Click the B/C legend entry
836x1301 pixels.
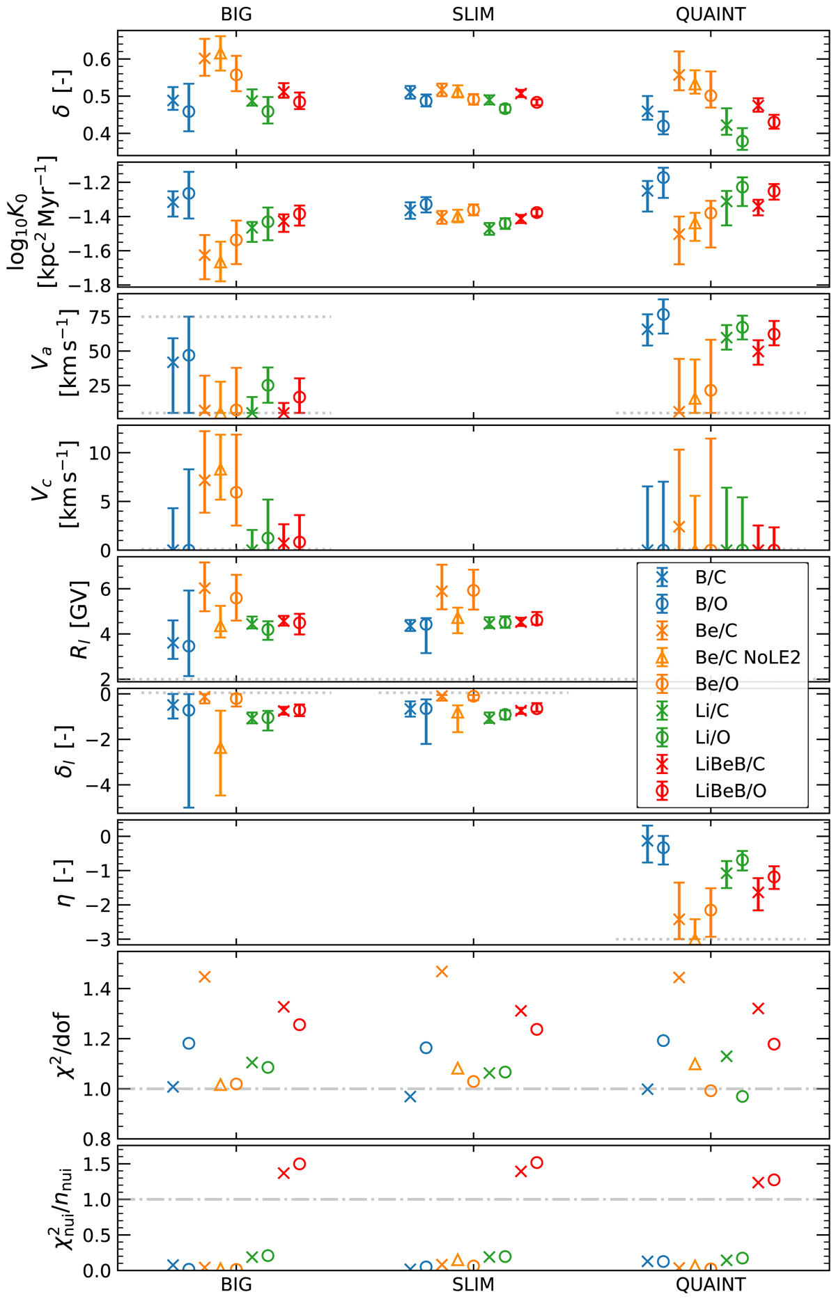(711, 577)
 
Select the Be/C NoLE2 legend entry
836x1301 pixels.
(748, 657)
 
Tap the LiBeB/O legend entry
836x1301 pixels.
(730, 791)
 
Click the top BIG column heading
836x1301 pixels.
(236, 15)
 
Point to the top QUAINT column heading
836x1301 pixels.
(711, 15)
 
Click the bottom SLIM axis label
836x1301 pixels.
(473, 1285)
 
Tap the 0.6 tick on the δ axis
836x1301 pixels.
(97, 60)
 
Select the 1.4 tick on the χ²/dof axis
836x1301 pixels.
(97, 988)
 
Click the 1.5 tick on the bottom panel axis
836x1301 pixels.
(97, 1164)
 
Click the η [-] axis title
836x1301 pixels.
(65, 882)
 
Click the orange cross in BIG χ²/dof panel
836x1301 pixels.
(205, 977)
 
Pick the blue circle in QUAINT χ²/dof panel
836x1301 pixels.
(663, 1041)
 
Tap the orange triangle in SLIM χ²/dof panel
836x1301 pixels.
(458, 1069)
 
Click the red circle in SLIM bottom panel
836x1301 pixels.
(536, 1162)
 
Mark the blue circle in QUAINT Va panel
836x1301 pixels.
(663, 314)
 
